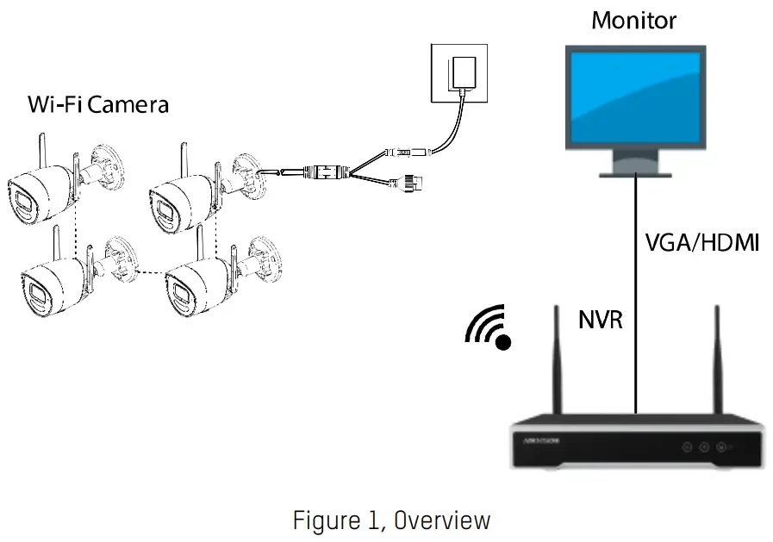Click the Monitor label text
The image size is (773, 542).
[633, 20]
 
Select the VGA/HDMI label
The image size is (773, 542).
[701, 243]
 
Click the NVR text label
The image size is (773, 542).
[600, 321]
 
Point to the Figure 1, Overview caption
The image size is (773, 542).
[391, 520]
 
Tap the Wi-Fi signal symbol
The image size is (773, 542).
[489, 329]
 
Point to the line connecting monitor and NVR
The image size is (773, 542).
[636, 293]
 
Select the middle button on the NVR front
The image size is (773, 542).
[703, 447]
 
